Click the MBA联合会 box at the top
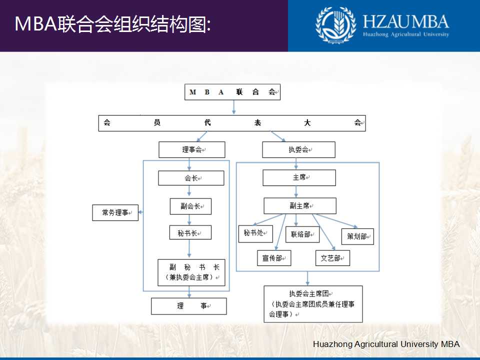(x=232, y=92)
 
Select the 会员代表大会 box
(x=232, y=123)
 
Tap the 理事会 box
(x=192, y=149)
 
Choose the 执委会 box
(x=299, y=149)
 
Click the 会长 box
(x=191, y=178)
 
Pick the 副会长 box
(x=190, y=206)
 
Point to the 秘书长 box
(x=190, y=232)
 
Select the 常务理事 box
(x=115, y=212)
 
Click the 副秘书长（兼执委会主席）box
(x=191, y=272)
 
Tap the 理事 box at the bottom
(x=189, y=306)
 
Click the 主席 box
(x=299, y=178)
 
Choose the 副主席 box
(x=300, y=205)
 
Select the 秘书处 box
(x=255, y=233)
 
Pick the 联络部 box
(x=302, y=234)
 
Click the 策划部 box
(x=357, y=236)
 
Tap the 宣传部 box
(x=274, y=258)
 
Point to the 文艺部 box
(x=332, y=258)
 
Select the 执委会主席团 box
(x=313, y=304)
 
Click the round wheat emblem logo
(x=335, y=25)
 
